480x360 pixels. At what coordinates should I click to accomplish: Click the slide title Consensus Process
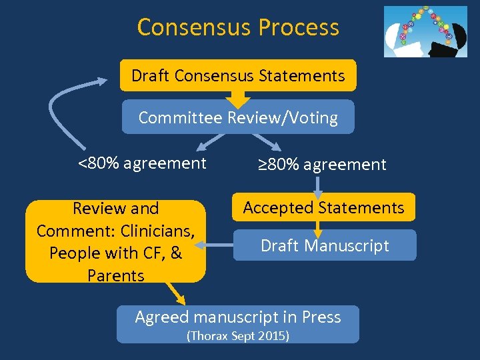[238, 27]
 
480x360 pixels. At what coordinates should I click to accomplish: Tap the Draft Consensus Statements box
[238, 75]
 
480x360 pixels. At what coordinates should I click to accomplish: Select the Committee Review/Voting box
[238, 118]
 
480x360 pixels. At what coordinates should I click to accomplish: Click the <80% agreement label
[142, 163]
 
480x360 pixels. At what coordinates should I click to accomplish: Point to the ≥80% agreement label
[322, 164]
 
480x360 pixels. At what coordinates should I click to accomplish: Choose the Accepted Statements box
[323, 207]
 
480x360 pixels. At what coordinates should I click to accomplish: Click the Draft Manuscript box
[325, 245]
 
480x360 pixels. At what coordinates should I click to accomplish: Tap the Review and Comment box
[115, 241]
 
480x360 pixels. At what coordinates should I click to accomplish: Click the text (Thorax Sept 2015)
[238, 335]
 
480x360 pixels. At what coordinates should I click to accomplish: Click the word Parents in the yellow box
[115, 275]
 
